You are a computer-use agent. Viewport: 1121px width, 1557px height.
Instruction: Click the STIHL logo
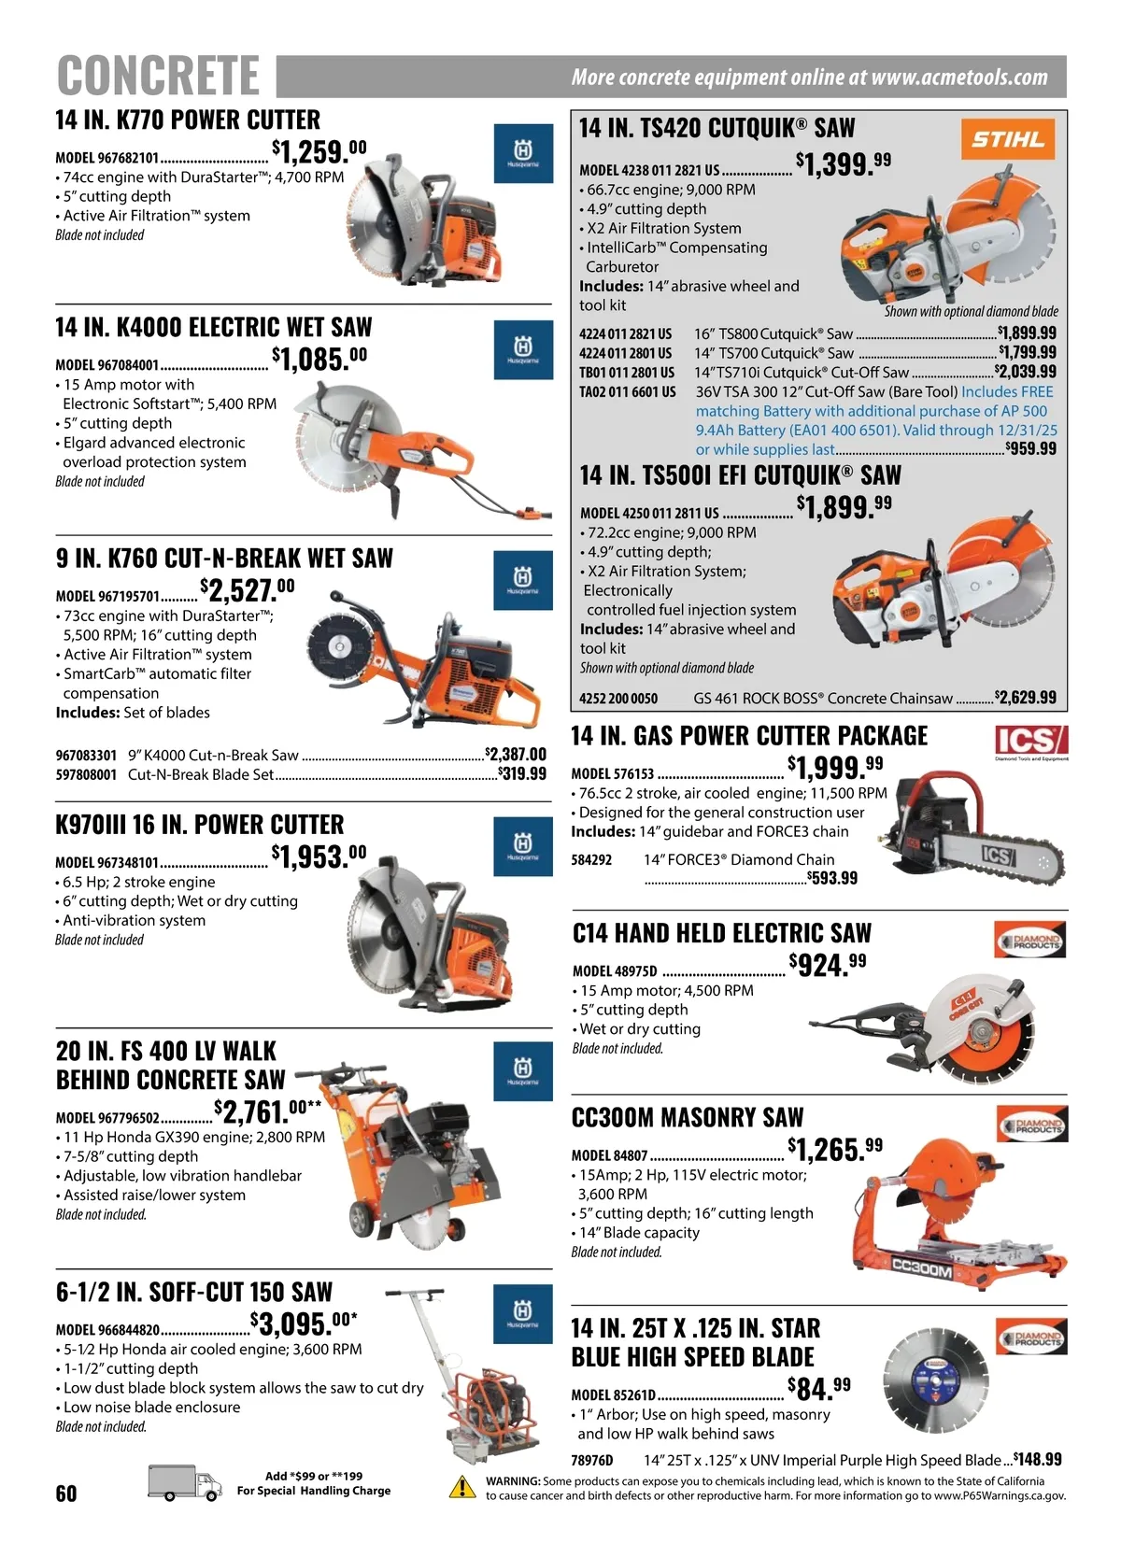point(1008,139)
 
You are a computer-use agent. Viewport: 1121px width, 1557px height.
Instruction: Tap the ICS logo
point(1030,741)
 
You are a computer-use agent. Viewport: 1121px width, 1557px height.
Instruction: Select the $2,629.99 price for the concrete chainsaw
point(1025,697)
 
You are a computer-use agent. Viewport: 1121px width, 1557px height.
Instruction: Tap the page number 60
point(66,1493)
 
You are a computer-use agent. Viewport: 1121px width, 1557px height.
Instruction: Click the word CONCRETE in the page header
point(158,75)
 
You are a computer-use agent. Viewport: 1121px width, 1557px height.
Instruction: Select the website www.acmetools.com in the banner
point(959,77)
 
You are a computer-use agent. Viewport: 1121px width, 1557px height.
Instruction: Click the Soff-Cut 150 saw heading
point(194,1292)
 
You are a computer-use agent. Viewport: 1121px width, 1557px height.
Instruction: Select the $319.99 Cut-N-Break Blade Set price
point(521,773)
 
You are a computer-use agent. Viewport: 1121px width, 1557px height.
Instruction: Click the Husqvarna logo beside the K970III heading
point(523,846)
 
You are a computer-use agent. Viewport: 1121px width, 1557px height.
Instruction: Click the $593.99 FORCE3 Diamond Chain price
point(831,878)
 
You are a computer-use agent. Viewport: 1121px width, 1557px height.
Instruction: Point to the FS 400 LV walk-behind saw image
point(404,1156)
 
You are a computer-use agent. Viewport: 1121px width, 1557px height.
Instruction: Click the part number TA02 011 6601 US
point(627,392)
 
